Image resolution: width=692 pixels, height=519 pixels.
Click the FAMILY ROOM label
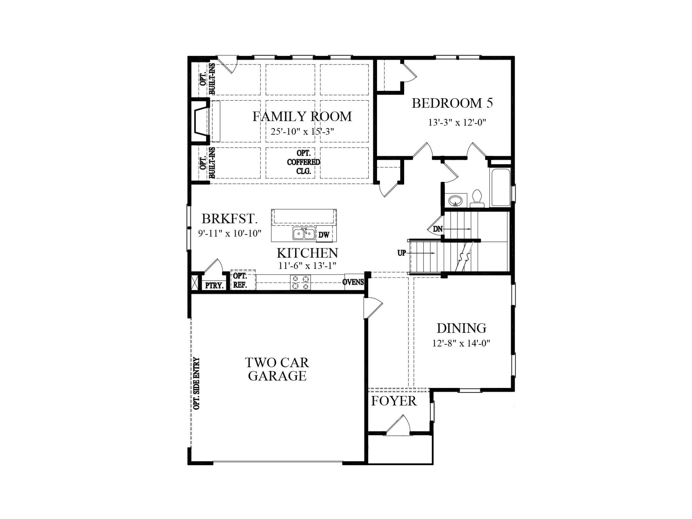pos(302,117)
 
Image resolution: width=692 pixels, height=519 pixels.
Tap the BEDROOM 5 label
pos(452,103)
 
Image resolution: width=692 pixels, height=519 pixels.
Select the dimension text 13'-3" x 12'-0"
pos(457,122)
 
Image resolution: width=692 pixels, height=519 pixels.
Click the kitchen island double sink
pos(304,233)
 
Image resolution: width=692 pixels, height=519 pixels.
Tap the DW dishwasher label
pos(324,235)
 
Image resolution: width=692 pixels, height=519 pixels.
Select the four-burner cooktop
pos(300,282)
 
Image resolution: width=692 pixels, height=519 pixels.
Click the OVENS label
pos(353,282)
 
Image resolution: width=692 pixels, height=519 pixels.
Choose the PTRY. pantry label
pos(214,286)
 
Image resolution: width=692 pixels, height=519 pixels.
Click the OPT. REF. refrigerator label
pos(240,280)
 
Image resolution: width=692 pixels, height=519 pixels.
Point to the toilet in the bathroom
pos(477,198)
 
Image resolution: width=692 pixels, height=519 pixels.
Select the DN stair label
pos(438,229)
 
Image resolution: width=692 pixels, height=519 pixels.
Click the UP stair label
pos(401,253)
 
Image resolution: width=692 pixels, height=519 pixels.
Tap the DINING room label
pos(461,328)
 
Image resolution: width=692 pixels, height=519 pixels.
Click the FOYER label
pos(394,401)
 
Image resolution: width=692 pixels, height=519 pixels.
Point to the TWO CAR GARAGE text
pos(277,369)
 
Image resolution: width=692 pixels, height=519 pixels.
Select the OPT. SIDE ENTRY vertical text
pos(197,384)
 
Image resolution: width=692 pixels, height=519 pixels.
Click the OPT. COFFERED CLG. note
pos(303,162)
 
